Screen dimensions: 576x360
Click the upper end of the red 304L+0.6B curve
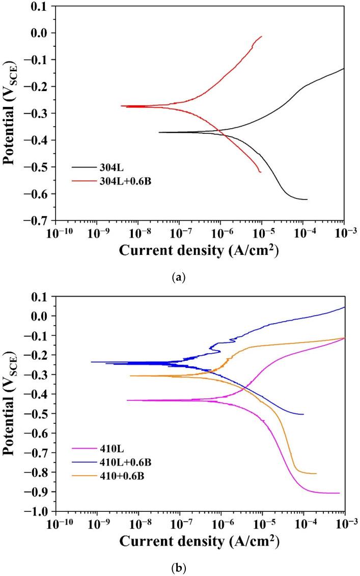[x=261, y=37]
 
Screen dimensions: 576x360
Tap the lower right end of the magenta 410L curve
[x=339, y=493]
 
